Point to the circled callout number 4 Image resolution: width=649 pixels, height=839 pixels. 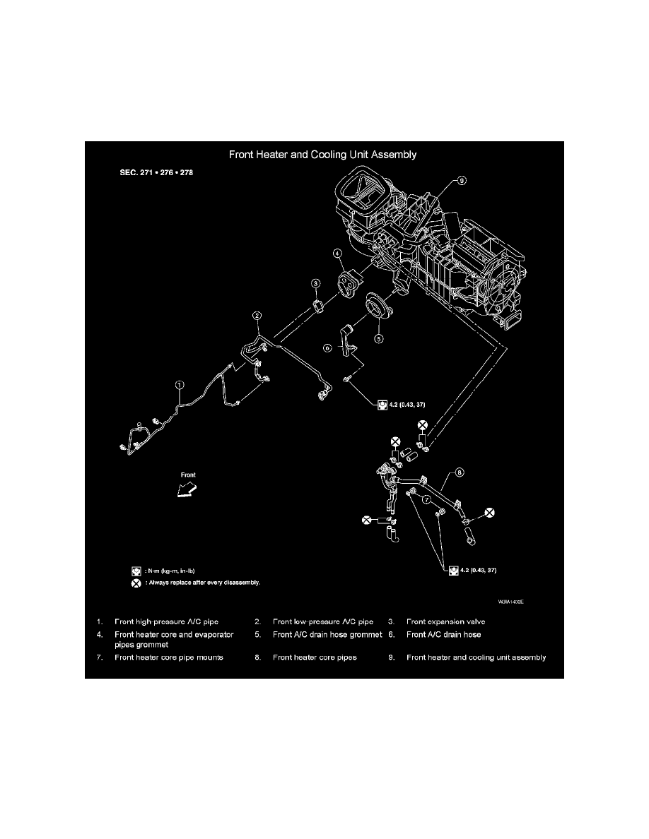tap(339, 254)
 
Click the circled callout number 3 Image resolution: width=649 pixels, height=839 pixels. tap(317, 283)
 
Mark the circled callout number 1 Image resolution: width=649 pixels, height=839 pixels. tap(180, 386)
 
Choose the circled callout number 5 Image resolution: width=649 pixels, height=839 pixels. tap(378, 339)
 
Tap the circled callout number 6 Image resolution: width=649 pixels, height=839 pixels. tap(327, 348)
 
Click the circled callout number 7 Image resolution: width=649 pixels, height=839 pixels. tap(427, 499)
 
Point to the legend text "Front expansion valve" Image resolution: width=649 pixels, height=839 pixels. tap(445, 621)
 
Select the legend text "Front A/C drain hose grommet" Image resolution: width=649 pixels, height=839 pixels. tap(327, 634)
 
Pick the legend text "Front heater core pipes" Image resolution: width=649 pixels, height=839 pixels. tap(315, 657)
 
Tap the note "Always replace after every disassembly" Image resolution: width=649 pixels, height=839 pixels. tap(204, 583)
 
